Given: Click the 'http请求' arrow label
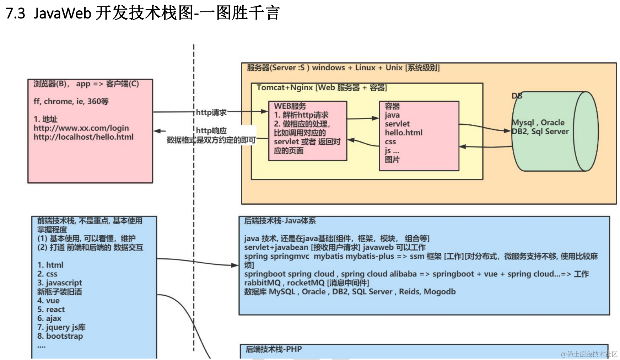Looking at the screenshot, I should (211, 112).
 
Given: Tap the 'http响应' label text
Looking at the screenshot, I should (211, 130).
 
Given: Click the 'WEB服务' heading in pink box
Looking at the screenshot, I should (290, 106).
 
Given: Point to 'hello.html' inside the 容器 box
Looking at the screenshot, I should (404, 133).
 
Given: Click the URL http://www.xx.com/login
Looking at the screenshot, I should (81, 128).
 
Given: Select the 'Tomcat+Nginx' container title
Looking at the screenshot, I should (285, 87).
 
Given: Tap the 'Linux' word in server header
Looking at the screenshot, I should (365, 68).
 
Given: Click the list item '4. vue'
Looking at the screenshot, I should (48, 301).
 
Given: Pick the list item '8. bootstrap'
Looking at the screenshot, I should (60, 336).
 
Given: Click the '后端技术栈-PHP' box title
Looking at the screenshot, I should (274, 349).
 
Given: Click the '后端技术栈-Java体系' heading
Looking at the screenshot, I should (280, 221).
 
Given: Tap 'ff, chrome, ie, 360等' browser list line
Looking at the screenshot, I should (71, 101).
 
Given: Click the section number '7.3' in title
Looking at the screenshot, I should (15, 14).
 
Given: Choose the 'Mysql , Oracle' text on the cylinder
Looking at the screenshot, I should (538, 123).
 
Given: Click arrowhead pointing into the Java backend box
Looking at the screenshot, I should (235, 265).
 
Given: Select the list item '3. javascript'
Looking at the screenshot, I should (60, 283).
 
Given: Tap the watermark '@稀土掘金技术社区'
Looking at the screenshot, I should (589, 354).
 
